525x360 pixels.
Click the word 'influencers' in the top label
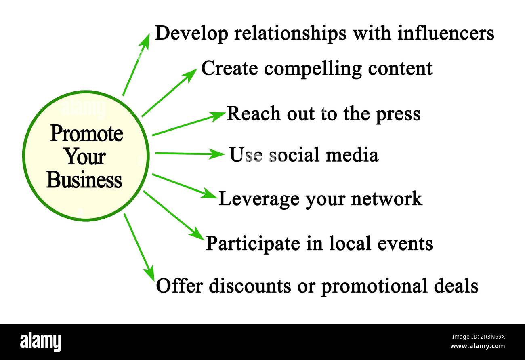click(x=446, y=33)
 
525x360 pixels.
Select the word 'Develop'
click(x=191, y=34)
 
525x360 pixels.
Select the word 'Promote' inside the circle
click(x=86, y=134)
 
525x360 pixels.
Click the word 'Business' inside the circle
click(x=84, y=180)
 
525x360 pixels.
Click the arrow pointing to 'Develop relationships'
click(x=136, y=65)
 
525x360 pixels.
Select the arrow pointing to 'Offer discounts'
click(x=139, y=247)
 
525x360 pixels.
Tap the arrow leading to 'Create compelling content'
click(x=169, y=93)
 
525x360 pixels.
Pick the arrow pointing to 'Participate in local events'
click(x=174, y=215)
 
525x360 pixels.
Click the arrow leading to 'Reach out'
click(x=188, y=124)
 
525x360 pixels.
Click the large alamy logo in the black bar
click(x=41, y=341)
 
